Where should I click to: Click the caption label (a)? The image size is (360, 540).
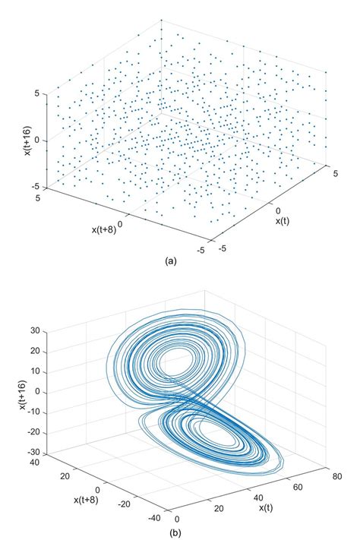coord(170,261)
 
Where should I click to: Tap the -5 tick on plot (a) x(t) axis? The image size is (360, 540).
coord(223,246)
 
